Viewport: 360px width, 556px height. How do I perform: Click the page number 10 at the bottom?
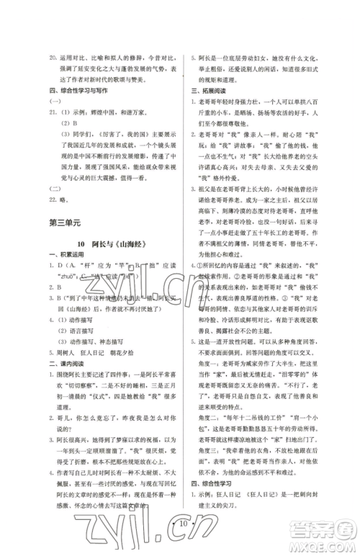(181, 535)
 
